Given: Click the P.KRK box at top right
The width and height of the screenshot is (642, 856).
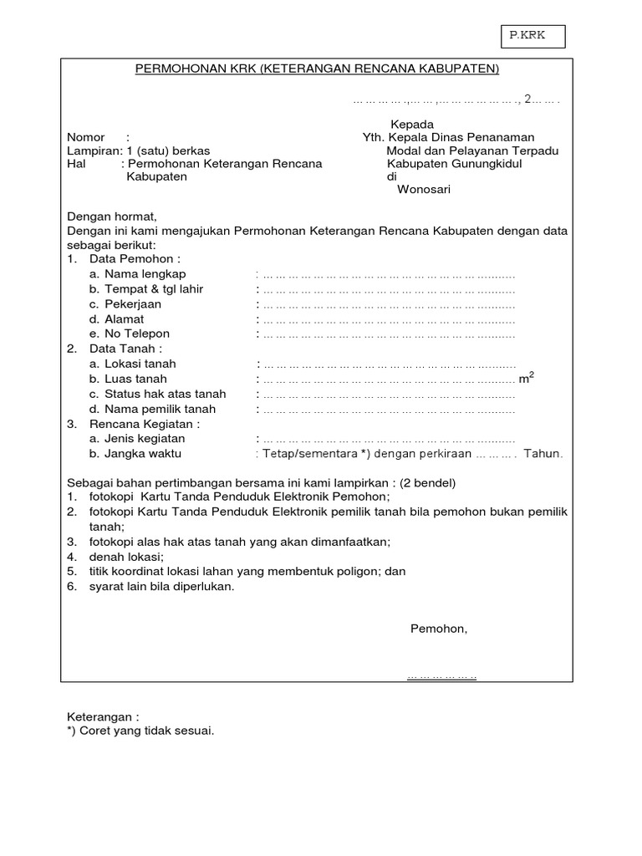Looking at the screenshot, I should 532,37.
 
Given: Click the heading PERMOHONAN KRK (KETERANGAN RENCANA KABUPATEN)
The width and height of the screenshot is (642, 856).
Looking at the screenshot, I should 317,69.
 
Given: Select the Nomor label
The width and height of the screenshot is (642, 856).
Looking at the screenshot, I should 86,137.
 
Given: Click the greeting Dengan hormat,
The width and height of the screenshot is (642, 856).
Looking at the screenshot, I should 112,217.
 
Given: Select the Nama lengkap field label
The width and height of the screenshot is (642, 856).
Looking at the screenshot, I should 145,274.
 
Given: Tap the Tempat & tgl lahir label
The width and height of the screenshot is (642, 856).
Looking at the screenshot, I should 154,289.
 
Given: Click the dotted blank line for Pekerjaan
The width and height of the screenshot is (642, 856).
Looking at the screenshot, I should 389,304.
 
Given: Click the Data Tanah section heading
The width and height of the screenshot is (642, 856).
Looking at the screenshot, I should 126,349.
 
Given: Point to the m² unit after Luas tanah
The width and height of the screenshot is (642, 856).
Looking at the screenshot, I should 527,379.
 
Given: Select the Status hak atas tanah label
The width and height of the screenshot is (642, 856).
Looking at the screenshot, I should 165,394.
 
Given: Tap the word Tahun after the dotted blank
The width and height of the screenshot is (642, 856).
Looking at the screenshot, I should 543,454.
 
